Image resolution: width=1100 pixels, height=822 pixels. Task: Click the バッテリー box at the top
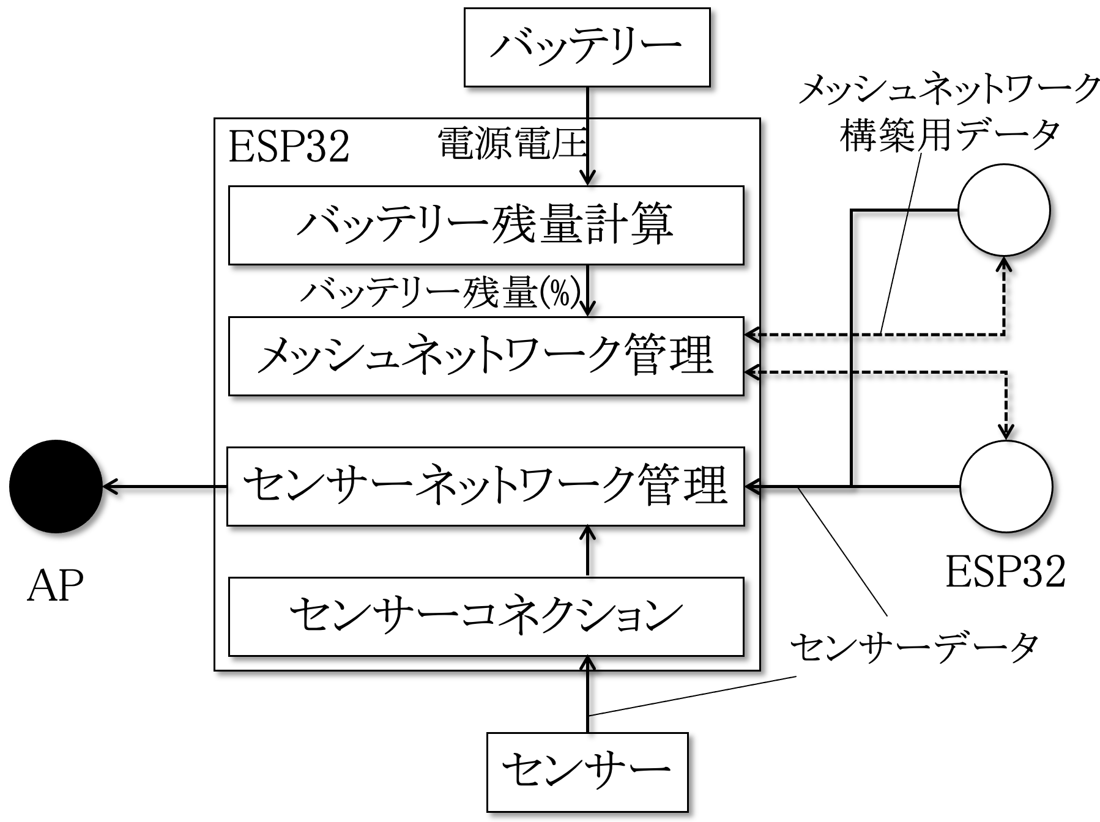click(x=587, y=47)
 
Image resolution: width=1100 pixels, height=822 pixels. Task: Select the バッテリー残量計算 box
click(x=486, y=225)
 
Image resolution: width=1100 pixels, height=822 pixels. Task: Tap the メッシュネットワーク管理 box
click(x=486, y=355)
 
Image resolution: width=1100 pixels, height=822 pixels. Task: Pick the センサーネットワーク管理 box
click(x=486, y=486)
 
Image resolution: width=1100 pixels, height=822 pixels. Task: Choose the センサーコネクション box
click(x=486, y=616)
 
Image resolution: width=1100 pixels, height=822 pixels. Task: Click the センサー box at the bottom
click(x=587, y=771)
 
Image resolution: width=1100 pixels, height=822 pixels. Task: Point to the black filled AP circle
click(x=56, y=486)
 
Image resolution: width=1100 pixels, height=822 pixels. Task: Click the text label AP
click(x=55, y=586)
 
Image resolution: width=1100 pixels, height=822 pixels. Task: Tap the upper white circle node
click(x=1004, y=210)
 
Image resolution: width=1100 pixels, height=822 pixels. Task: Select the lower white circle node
click(x=1006, y=487)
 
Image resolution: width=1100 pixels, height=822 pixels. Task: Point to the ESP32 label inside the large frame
click(x=289, y=147)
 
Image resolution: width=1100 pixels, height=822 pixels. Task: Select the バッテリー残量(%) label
click(x=440, y=294)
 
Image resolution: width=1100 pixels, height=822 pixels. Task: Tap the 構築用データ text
click(x=949, y=134)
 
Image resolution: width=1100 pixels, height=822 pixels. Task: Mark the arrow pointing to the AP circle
click(x=165, y=487)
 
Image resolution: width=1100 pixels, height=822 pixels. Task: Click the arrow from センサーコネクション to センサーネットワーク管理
click(x=587, y=551)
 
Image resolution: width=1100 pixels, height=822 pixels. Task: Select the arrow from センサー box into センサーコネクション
click(x=587, y=694)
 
